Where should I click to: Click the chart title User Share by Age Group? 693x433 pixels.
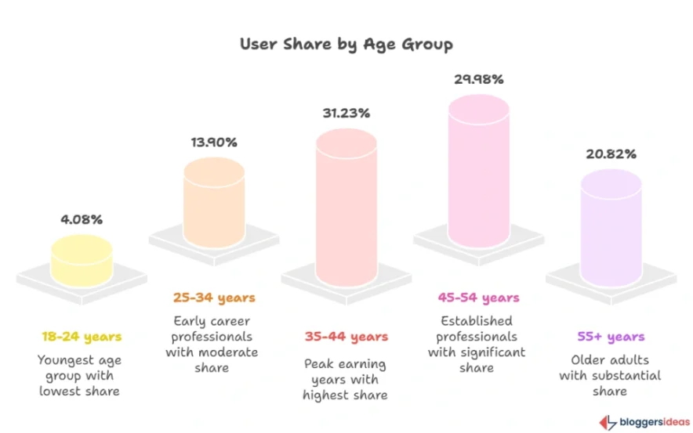[x=346, y=44]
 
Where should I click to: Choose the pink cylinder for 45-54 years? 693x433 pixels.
[x=478, y=173]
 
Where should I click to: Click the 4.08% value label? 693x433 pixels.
[x=82, y=220]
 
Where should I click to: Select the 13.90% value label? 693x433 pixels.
[x=214, y=143]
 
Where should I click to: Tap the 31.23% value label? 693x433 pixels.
[x=346, y=113]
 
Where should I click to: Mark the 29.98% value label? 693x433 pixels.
[x=478, y=79]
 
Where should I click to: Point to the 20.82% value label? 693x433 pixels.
[x=611, y=153]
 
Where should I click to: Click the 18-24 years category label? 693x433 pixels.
[x=82, y=337]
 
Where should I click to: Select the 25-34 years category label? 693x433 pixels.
[x=214, y=298]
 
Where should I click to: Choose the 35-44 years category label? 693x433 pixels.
[x=346, y=337]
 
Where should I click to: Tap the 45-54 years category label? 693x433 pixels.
[x=478, y=298]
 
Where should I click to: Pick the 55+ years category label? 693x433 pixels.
[x=610, y=337]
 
